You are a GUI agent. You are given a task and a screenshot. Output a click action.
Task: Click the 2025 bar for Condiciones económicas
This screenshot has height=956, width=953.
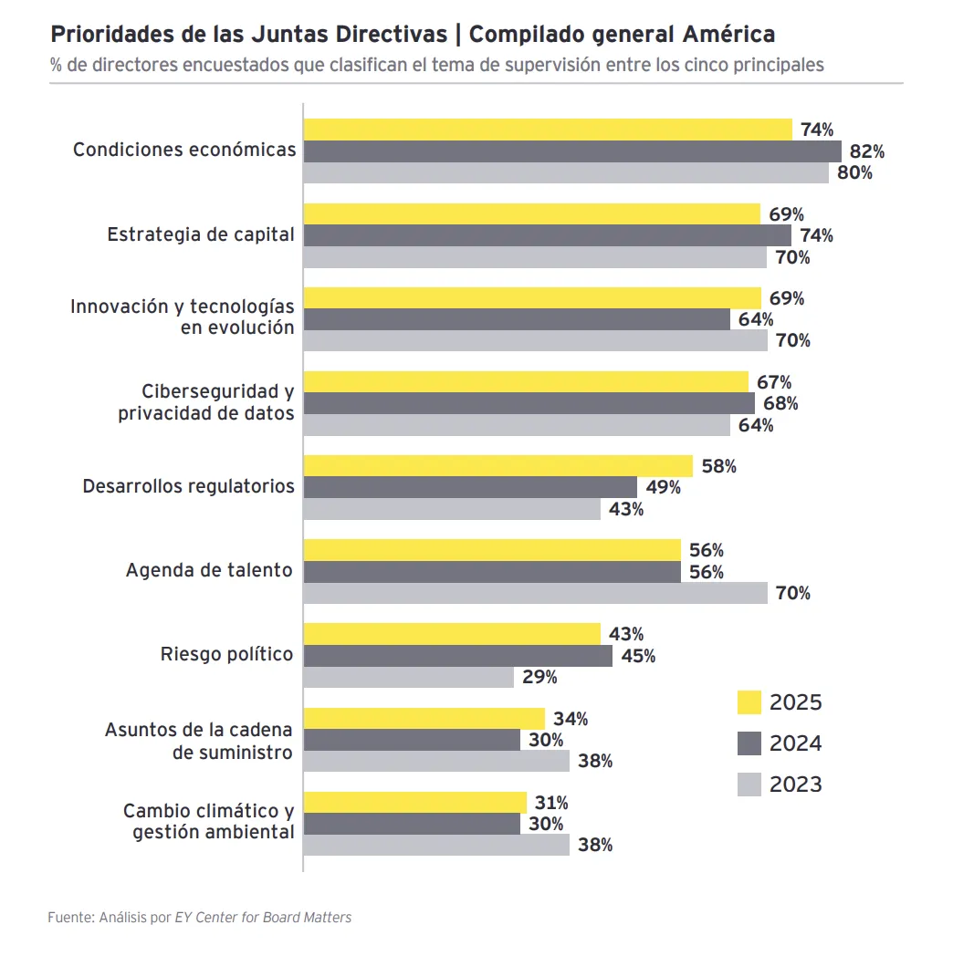tap(548, 130)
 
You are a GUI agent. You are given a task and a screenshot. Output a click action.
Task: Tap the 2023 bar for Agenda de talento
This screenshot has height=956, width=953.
tap(535, 593)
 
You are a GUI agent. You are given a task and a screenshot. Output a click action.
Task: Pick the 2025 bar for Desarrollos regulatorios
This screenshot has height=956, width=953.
tap(497, 466)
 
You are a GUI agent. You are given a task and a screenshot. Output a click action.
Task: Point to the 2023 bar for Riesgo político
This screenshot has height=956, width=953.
tap(408, 677)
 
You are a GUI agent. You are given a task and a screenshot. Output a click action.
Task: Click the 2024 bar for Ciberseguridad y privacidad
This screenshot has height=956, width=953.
tap(529, 403)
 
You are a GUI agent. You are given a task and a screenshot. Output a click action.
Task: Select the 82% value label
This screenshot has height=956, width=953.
tap(866, 151)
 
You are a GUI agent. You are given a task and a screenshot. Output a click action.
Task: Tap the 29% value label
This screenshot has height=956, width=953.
tap(539, 677)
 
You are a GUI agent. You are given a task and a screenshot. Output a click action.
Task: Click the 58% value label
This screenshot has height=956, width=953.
tap(718, 466)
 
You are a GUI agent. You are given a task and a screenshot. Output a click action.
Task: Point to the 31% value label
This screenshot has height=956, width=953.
tap(550, 803)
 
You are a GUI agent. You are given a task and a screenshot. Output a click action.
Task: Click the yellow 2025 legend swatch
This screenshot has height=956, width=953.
tap(749, 702)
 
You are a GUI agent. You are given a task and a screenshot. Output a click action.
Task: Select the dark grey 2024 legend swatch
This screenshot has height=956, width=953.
tap(749, 743)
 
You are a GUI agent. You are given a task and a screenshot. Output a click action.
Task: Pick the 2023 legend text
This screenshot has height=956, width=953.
tap(795, 785)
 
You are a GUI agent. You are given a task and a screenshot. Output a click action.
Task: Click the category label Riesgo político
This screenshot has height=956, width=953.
tap(226, 654)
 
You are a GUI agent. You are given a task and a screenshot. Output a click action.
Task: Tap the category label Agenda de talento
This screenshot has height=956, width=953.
tap(209, 570)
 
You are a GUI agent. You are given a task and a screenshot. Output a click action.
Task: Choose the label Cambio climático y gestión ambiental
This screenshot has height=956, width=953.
tap(208, 821)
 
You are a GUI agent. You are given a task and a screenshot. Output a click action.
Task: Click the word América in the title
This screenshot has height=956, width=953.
tap(728, 35)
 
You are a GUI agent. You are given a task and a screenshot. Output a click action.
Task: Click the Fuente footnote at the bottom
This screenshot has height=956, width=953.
tap(199, 917)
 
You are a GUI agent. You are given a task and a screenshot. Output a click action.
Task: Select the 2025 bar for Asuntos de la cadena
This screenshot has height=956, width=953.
tap(424, 719)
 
